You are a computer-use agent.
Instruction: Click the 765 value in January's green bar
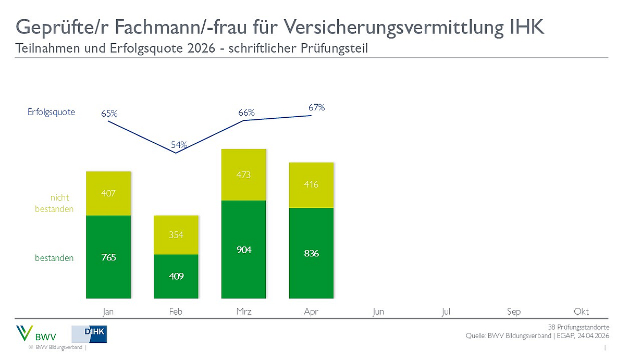click(108, 257)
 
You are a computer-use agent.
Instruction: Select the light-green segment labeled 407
click(108, 193)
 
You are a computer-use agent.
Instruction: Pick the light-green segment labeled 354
click(176, 235)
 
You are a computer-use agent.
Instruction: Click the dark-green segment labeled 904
click(244, 250)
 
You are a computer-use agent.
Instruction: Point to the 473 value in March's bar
click(244, 175)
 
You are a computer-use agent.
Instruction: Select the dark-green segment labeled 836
click(311, 253)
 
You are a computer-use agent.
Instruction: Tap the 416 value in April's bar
click(311, 184)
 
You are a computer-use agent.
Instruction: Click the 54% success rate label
click(179, 144)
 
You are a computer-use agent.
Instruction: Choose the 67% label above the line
click(316, 107)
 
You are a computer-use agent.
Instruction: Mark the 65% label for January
click(109, 113)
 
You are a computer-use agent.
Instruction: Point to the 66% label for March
click(246, 113)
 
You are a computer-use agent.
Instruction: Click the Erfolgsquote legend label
click(51, 112)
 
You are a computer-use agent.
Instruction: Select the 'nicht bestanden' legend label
click(54, 203)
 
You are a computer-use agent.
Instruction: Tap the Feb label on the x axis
click(176, 312)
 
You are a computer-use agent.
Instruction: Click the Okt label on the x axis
click(581, 312)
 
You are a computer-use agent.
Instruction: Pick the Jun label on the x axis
click(378, 312)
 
